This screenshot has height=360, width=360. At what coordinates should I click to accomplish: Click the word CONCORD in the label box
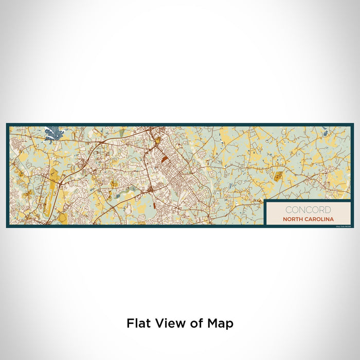(x=308, y=210)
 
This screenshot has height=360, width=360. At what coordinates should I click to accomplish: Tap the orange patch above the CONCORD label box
(x=278, y=177)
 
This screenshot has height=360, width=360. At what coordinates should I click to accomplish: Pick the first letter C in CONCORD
(x=287, y=210)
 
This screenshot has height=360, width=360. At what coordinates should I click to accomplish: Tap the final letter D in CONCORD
(x=328, y=210)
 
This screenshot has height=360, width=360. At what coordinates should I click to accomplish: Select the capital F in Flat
(x=130, y=323)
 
